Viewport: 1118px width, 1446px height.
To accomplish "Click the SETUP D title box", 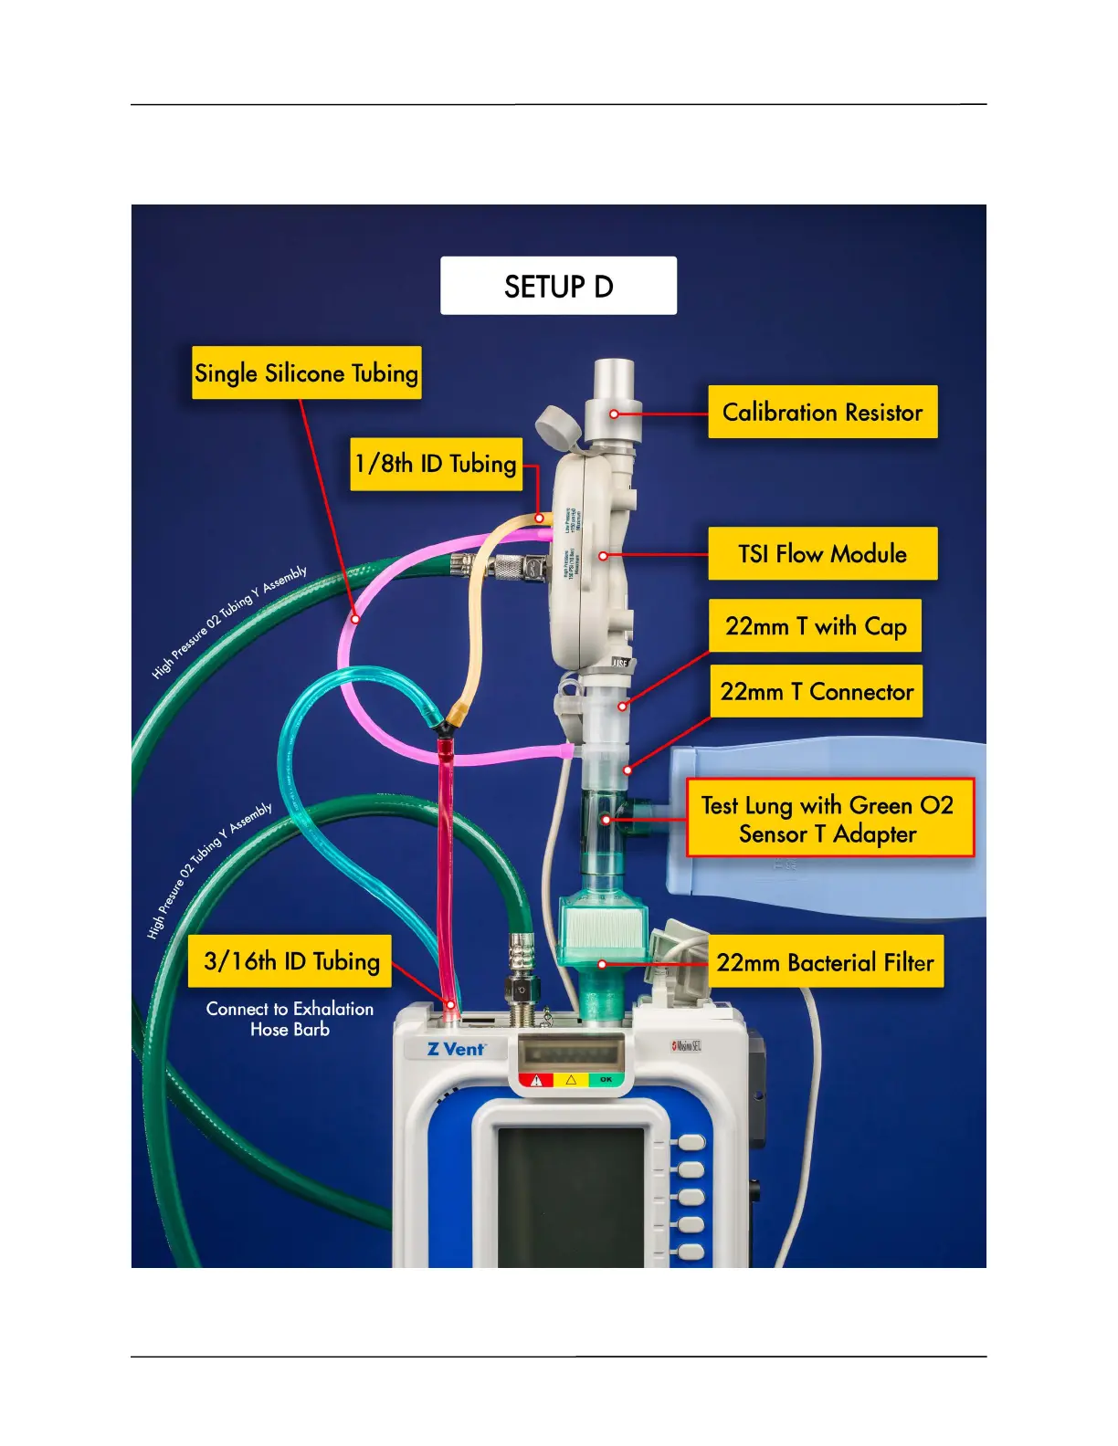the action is coord(558,286).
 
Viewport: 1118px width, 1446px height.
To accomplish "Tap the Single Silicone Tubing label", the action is coord(306,372).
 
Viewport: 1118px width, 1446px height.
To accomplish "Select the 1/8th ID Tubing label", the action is coord(436,464).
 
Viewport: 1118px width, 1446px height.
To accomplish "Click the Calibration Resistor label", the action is coord(822,413).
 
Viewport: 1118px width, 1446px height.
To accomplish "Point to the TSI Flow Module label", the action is coord(822,553).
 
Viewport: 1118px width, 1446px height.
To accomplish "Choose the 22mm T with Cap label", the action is coord(815,626).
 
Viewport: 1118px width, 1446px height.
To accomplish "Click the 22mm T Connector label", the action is coord(816,691).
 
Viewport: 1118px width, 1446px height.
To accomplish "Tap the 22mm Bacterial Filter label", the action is coord(824,962).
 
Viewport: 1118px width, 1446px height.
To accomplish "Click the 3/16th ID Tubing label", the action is coord(290,960).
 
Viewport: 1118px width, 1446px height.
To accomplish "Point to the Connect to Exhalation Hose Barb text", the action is coord(290,1019).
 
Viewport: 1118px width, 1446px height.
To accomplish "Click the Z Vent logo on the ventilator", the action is coord(456,1049).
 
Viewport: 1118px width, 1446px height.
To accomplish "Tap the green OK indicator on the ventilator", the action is coord(606,1080).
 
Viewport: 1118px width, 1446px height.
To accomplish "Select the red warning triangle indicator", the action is coord(536,1080).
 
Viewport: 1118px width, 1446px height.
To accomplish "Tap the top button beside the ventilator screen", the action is coord(691,1142).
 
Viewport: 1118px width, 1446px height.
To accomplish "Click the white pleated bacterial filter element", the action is coord(602,926).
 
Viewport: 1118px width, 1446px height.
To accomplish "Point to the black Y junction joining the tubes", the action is coord(444,728).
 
